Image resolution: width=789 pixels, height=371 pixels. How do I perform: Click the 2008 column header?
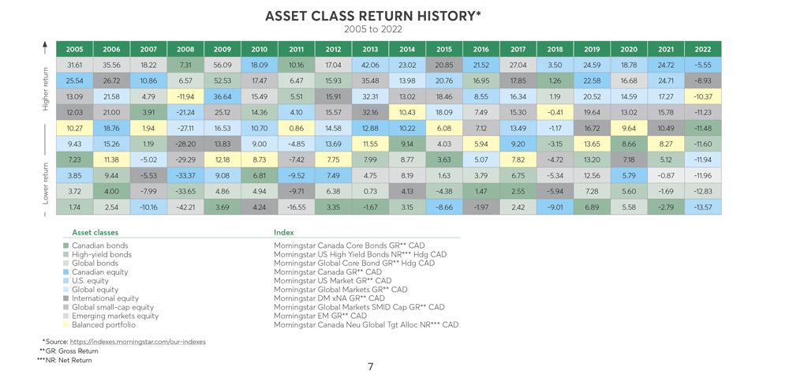(x=185, y=49)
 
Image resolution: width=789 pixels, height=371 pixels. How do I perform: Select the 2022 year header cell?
(x=703, y=49)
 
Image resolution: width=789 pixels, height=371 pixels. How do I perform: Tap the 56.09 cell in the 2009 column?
(x=222, y=65)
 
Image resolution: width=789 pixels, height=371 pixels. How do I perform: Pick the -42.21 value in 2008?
(x=185, y=206)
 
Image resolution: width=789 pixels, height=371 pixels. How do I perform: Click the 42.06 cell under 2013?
(x=370, y=65)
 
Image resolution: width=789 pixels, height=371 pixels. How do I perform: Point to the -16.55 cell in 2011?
(x=297, y=206)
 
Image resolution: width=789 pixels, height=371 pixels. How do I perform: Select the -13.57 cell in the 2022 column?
(x=703, y=206)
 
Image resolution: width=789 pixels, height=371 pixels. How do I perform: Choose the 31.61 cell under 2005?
(x=74, y=65)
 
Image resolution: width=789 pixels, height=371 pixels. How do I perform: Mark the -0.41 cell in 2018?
(x=555, y=112)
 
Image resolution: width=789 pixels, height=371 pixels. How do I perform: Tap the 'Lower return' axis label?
(x=45, y=183)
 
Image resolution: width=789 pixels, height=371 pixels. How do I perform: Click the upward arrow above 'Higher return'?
(x=45, y=48)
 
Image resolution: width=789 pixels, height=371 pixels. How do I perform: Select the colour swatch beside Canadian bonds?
(x=65, y=245)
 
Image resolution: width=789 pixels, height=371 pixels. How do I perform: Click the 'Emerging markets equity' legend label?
(x=115, y=316)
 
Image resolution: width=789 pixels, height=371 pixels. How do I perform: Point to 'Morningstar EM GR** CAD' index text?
(x=320, y=316)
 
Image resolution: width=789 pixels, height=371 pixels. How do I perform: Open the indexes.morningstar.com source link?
(x=138, y=342)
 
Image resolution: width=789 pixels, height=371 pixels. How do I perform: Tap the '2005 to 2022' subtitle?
(x=373, y=29)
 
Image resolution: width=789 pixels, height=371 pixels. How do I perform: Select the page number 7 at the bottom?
(x=371, y=366)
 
